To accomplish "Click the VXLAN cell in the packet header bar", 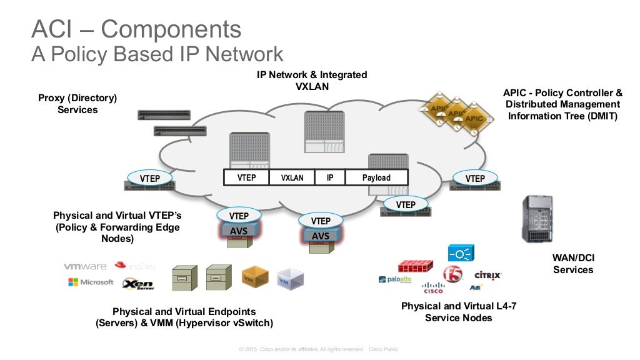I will [x=292, y=177].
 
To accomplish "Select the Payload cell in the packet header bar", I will [x=376, y=177].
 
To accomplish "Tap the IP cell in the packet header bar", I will [x=330, y=177].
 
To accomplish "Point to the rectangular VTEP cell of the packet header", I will [x=246, y=177].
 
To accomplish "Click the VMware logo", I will [x=85, y=266].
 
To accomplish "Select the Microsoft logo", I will [x=91, y=282].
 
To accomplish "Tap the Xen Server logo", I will [x=138, y=284].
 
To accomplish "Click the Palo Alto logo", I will [x=395, y=279].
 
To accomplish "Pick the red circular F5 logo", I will [x=452, y=274].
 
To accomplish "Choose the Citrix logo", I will [x=488, y=274].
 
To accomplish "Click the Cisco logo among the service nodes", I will [x=433, y=288].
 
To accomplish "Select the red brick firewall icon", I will [x=416, y=266].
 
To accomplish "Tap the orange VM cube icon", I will [x=255, y=276].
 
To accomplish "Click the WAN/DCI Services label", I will [x=573, y=264].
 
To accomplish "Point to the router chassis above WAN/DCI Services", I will [x=537, y=218].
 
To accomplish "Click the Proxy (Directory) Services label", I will [x=77, y=104].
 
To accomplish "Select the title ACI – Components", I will [x=136, y=29].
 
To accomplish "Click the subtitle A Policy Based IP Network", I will [x=157, y=54].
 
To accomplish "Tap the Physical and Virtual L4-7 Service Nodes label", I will [x=459, y=312].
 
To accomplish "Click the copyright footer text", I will [x=319, y=349].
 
